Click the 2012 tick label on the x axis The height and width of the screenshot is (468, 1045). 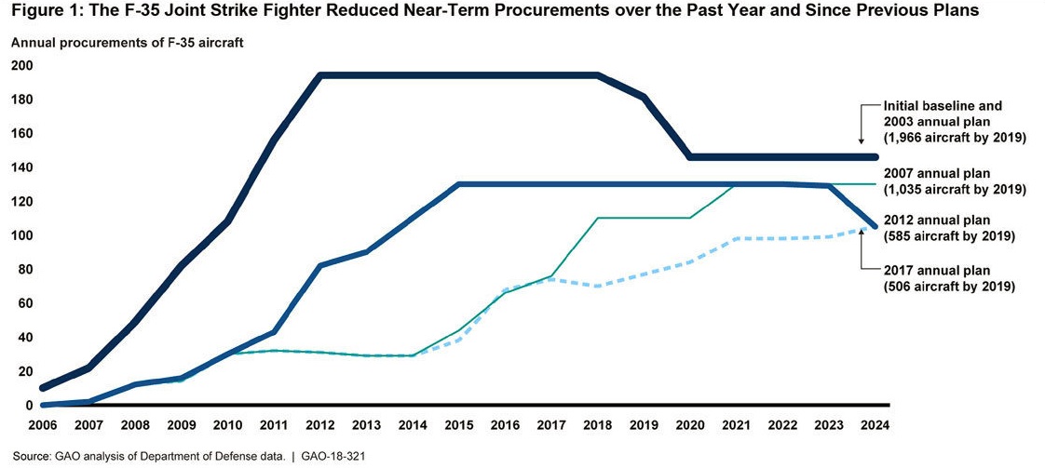[320, 424]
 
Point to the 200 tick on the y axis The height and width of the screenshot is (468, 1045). [21, 66]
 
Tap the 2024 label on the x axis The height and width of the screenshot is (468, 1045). [875, 424]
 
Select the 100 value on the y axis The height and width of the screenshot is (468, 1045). [21, 235]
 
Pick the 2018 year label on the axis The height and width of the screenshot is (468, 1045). [597, 424]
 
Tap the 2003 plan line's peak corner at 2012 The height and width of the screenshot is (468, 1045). [320, 75]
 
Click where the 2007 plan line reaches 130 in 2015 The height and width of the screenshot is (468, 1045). [459, 184]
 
